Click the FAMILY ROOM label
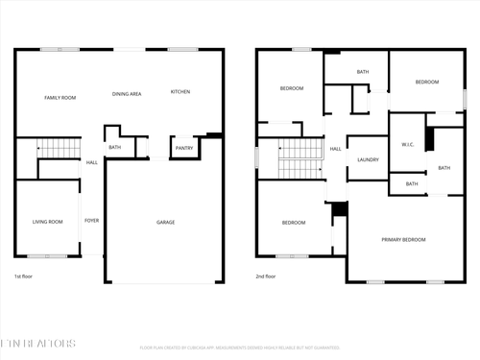pyautogui.click(x=60, y=98)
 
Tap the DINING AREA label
pyautogui.click(x=127, y=94)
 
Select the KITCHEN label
pyautogui.click(x=180, y=92)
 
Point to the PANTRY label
pyautogui.click(x=183, y=148)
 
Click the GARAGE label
pyautogui.click(x=166, y=222)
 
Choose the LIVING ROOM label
pyautogui.click(x=48, y=222)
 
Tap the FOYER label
pyautogui.click(x=91, y=221)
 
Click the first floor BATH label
pyautogui.click(x=115, y=148)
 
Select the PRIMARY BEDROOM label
pyautogui.click(x=403, y=239)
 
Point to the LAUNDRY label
pyautogui.click(x=369, y=160)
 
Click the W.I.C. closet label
pyautogui.click(x=407, y=146)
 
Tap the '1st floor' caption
pyautogui.click(x=25, y=276)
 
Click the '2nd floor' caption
pyautogui.click(x=267, y=276)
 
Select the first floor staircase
pyautogui.click(x=58, y=150)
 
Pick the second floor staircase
pyautogui.click(x=300, y=159)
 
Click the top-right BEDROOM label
pyautogui.click(x=426, y=83)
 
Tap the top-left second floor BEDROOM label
pyautogui.click(x=292, y=88)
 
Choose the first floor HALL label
pyautogui.click(x=92, y=163)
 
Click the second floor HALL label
pyautogui.click(x=336, y=149)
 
